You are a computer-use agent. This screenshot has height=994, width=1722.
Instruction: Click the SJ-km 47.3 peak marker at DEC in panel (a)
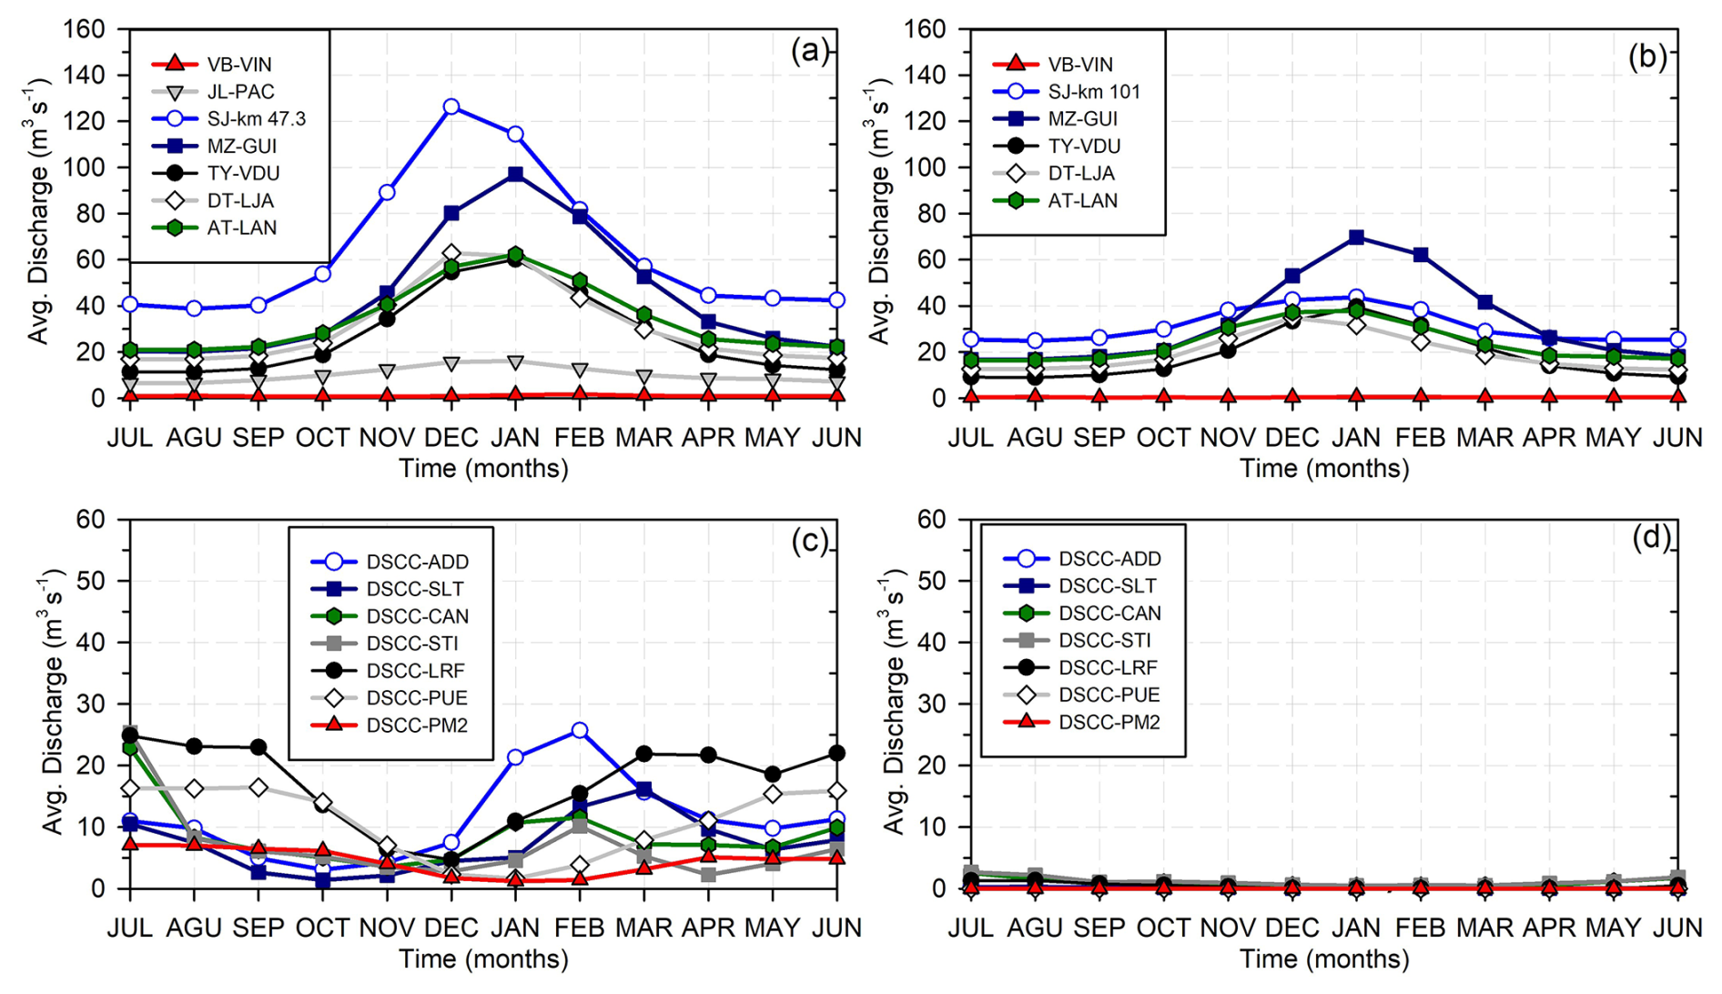(x=451, y=106)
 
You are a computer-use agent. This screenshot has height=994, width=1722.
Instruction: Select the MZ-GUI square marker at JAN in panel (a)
(x=515, y=174)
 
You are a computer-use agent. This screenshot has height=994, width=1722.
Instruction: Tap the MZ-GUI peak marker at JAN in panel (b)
(x=1356, y=238)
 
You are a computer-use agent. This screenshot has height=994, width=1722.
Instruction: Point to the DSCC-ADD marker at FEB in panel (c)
(x=580, y=730)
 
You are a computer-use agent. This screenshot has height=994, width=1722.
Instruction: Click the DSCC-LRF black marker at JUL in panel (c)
(x=130, y=735)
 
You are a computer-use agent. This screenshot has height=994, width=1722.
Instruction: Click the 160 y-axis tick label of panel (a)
(x=84, y=29)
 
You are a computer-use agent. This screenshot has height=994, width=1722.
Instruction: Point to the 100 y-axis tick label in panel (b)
(x=925, y=167)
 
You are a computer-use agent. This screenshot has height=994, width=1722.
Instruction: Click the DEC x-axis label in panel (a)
(x=451, y=438)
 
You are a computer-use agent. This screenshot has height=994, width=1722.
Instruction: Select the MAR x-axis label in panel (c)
(x=643, y=928)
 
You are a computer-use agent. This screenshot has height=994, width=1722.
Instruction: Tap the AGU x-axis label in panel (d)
(x=1035, y=928)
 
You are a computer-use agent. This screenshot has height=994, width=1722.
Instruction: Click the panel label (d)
(x=1650, y=538)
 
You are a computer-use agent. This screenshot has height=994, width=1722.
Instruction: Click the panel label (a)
(x=809, y=52)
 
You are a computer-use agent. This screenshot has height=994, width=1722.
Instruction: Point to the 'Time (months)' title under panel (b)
(x=1324, y=469)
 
